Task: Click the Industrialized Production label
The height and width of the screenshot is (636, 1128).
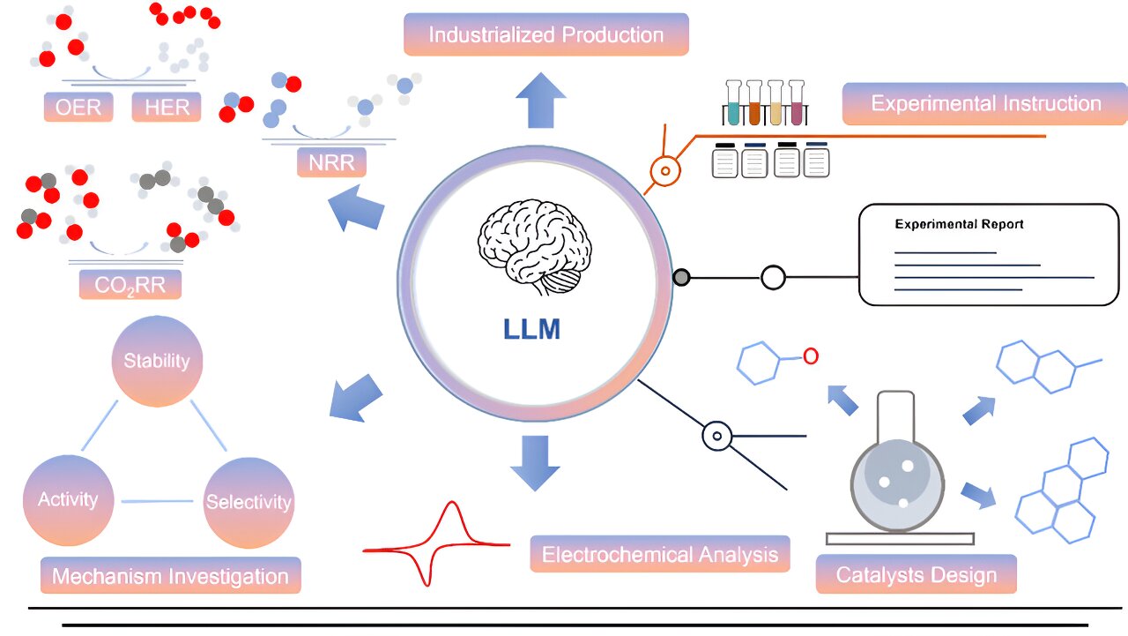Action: tap(545, 35)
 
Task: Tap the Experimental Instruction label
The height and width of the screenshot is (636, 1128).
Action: tap(985, 103)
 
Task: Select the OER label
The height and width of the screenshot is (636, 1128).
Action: tap(78, 108)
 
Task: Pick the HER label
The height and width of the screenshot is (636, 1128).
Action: tap(167, 108)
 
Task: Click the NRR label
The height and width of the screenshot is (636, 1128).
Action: tap(331, 162)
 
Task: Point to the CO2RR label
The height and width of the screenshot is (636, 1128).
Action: tap(130, 284)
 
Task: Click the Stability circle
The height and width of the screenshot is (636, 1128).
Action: tap(157, 361)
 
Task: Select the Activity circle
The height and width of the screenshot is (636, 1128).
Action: tap(68, 499)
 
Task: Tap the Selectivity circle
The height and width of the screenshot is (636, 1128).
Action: tap(248, 502)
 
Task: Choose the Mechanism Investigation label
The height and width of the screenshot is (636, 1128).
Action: tap(170, 576)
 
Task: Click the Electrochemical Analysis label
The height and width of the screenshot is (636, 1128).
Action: tap(659, 555)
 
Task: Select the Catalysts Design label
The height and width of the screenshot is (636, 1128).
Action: tap(916, 575)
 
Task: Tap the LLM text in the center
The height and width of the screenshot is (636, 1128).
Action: tap(531, 329)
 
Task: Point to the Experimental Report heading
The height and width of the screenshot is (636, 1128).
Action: tap(959, 224)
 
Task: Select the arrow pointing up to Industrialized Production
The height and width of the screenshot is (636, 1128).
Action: tap(540, 101)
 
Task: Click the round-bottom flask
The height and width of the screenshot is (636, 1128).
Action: tap(897, 476)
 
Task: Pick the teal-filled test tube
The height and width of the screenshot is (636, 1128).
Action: tap(733, 104)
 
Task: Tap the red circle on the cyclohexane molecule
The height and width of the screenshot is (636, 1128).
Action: tap(811, 355)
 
